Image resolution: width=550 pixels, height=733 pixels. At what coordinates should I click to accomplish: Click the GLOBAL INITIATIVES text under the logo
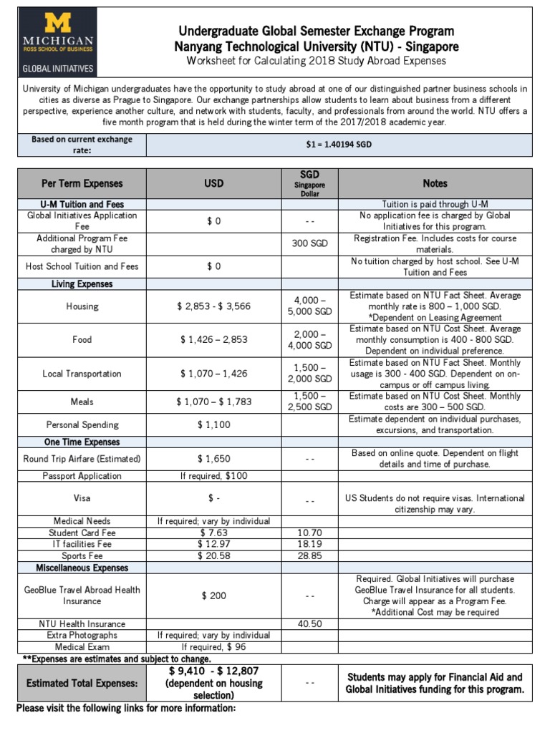coord(57,69)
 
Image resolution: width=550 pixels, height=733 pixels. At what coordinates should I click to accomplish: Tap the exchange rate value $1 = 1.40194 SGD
coord(339,145)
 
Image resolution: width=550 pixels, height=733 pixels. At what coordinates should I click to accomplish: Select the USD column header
coord(213,184)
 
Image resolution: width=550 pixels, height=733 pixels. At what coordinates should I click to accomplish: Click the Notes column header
coord(435,184)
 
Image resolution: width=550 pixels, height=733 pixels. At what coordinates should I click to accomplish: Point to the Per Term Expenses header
coord(82,184)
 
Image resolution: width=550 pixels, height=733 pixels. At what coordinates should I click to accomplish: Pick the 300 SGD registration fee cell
coord(309,243)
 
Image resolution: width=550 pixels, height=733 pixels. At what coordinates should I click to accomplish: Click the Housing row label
coord(82,306)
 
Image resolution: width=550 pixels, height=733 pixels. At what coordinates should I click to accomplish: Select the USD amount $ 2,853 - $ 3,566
coord(213,306)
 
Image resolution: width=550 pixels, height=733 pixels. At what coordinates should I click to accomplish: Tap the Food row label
coord(82,339)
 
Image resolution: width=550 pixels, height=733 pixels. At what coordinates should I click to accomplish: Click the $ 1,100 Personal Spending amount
coord(213,424)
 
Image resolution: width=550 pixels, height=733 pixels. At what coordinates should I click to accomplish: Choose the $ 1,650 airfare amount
coord(213,459)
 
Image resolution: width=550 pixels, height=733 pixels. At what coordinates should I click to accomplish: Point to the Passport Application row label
coord(82,476)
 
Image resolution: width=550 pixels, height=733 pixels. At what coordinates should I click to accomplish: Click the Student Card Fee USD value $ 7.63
coord(213,533)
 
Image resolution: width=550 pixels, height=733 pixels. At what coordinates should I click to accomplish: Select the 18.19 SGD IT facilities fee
coord(309,545)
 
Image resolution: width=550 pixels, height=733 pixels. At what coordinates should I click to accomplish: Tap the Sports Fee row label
coord(82,556)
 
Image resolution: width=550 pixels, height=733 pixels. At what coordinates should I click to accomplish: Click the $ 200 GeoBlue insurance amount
coord(213,596)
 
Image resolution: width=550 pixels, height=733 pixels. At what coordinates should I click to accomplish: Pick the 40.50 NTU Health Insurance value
coord(309,624)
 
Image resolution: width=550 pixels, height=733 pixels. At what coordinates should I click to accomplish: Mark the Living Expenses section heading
coord(82,284)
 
